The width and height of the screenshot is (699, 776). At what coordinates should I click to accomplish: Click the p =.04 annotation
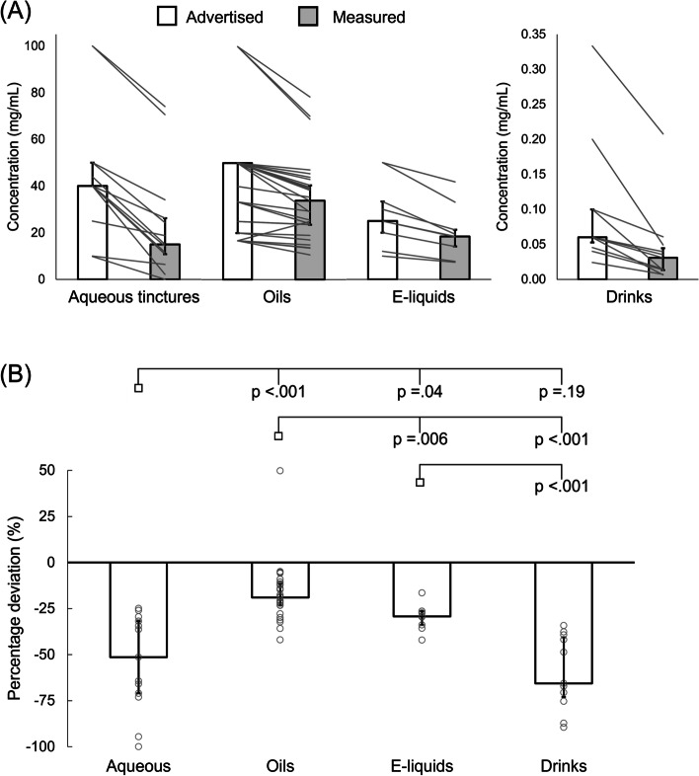click(x=421, y=393)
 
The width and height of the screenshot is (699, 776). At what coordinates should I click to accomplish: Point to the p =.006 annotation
click(x=420, y=439)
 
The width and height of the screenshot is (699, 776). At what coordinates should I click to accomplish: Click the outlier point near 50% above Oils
click(x=280, y=470)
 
